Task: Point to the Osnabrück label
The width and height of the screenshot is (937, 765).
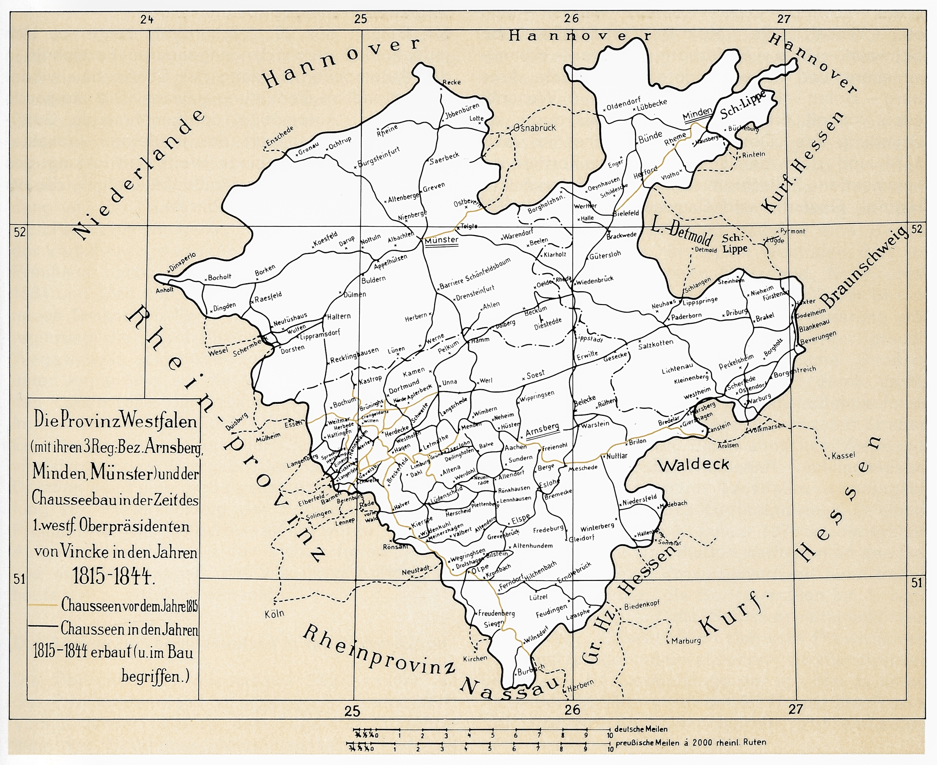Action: pos(535,128)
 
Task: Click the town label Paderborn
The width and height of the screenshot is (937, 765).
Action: pos(686,316)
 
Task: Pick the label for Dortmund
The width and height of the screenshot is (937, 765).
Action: pos(404,386)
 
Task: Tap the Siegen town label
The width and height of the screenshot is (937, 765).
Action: pos(493,624)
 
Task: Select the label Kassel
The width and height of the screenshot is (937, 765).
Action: pos(843,456)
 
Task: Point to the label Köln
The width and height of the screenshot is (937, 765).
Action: pos(275,613)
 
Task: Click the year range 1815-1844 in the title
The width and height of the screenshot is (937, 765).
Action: pos(113,576)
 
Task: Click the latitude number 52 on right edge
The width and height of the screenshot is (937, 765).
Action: pos(916,229)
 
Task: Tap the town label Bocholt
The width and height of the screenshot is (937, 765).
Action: pos(219,277)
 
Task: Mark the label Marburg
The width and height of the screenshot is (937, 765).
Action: pos(686,641)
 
